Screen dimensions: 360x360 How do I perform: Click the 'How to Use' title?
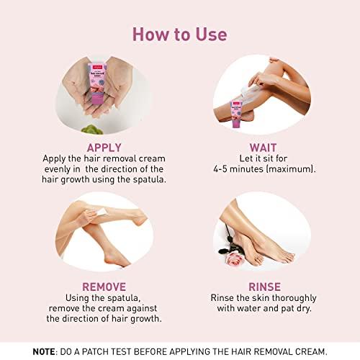179,34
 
